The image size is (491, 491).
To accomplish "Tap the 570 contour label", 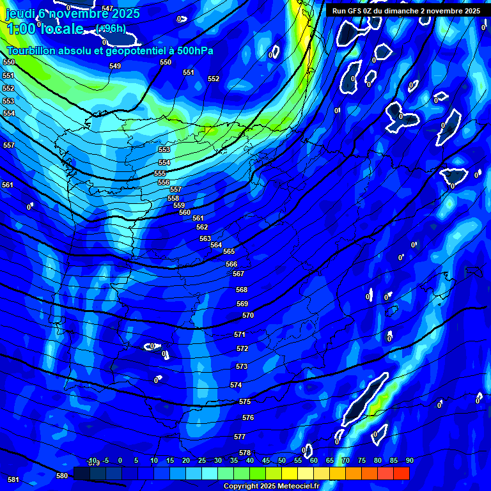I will pyautogui.click(x=248, y=315).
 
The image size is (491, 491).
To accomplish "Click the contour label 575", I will pyautogui.click(x=245, y=401).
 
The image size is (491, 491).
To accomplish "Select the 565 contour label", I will pyautogui.click(x=229, y=251).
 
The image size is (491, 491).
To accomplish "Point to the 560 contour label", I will pyautogui.click(x=185, y=212).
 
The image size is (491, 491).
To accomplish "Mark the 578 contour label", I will pyautogui.click(x=245, y=453).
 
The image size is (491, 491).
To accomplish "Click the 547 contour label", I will pyautogui.click(x=107, y=8).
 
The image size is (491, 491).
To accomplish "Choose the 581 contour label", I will pyautogui.click(x=13, y=479).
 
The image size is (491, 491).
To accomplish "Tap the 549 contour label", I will pyautogui.click(x=115, y=66).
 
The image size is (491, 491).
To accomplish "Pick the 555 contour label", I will pyautogui.click(x=160, y=173).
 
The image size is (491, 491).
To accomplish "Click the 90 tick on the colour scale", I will pyautogui.click(x=409, y=460).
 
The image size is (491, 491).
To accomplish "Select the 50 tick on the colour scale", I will pyautogui.click(x=282, y=460).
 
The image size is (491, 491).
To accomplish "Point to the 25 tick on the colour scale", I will pyautogui.click(x=202, y=460).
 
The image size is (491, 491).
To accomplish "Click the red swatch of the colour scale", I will pyautogui.click(x=401, y=473).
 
